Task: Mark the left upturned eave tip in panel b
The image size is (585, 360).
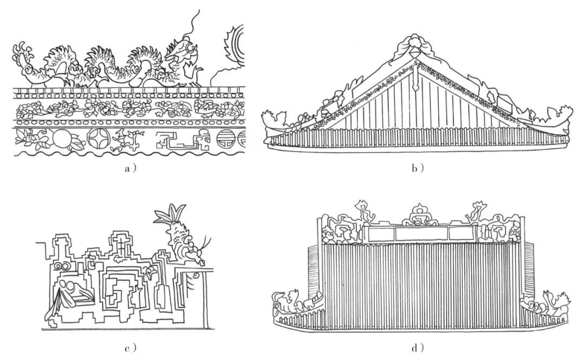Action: [x=268, y=119]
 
